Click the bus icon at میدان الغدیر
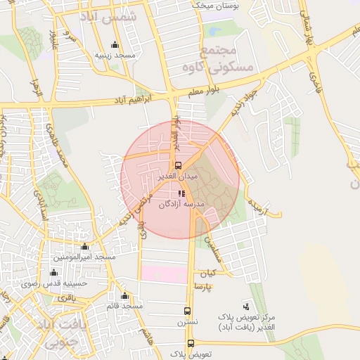(177, 165)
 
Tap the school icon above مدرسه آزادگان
(181, 193)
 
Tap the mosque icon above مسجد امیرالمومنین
(86, 247)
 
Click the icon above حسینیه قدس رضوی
(54, 272)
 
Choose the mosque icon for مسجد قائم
(125, 296)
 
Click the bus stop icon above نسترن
(187, 310)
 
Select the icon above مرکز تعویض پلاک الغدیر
(245, 306)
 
